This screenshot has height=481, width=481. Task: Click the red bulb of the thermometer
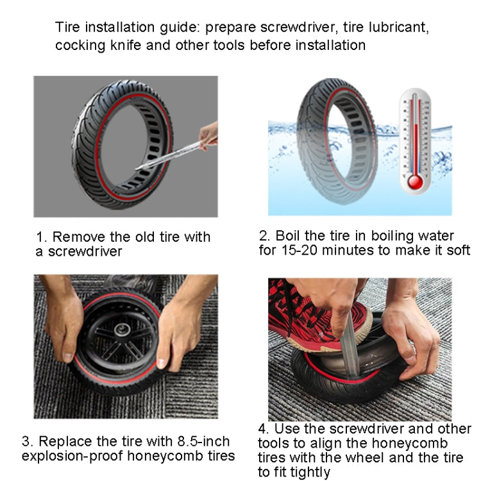pyautogui.click(x=415, y=182)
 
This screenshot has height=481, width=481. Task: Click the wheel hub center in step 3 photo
pyautogui.click(x=119, y=333)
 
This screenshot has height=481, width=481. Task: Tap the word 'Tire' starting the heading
pyautogui.click(x=67, y=28)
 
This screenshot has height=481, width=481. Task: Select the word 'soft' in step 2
pyautogui.click(x=458, y=251)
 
